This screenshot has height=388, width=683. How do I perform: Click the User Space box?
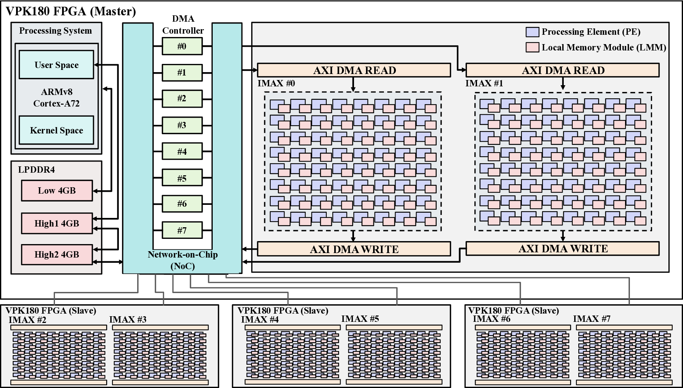[56, 65]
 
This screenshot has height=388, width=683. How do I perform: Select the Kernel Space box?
[56, 130]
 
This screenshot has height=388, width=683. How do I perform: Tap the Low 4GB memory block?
[56, 191]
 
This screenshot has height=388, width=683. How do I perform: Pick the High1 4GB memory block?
[56, 224]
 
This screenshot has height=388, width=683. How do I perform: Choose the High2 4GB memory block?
[56, 255]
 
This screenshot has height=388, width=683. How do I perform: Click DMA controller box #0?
[182, 46]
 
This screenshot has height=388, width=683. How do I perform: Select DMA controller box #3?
[182, 125]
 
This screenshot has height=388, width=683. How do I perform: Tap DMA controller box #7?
[182, 231]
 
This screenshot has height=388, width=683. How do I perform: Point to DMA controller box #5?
[182, 178]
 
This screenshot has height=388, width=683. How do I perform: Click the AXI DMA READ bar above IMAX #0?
[354, 70]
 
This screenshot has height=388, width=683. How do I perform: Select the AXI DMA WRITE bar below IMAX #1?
[563, 249]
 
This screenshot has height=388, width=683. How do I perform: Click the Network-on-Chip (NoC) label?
[182, 260]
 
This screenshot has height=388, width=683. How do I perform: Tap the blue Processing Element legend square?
[532, 32]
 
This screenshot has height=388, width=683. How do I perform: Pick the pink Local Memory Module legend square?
[532, 47]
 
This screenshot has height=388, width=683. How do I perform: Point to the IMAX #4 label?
[260, 319]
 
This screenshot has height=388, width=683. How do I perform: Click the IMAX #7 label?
[591, 318]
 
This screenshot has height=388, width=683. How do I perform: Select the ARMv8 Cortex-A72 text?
[56, 98]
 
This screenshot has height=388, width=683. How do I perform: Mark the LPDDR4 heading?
[36, 170]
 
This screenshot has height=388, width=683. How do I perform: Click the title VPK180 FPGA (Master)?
[71, 11]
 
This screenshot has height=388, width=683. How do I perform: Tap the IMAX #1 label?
[484, 83]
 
